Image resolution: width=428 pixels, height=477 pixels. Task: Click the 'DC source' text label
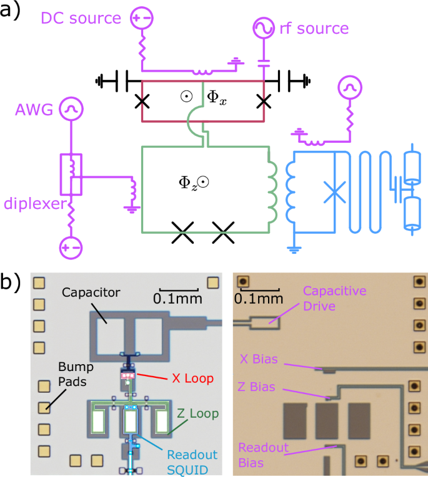(x=81, y=18)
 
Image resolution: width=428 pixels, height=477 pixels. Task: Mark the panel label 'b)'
(x=14, y=284)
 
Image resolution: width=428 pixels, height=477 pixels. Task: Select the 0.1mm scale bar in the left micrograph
(x=179, y=291)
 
